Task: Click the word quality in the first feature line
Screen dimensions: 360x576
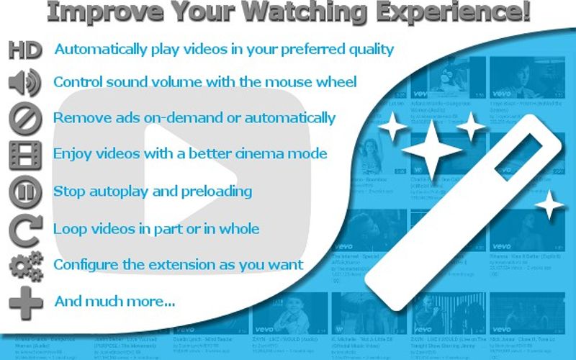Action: (x=367, y=50)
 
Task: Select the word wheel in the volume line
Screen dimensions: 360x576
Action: (x=336, y=82)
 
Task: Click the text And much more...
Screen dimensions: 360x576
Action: (x=115, y=301)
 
